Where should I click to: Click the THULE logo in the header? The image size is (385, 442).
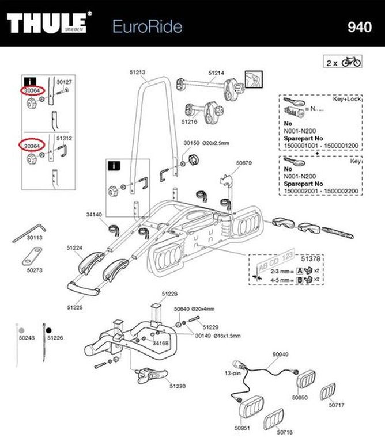49,24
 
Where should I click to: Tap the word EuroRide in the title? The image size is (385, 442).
147,26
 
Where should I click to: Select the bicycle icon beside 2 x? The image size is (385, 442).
351,62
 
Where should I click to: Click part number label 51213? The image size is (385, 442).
137,73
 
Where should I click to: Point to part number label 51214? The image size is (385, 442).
216,73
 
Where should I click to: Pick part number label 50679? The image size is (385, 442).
244,163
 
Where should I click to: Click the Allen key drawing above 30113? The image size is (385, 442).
32,229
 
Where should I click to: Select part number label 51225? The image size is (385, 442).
75,307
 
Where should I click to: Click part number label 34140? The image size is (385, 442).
93,215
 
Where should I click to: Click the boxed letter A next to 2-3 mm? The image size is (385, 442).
300,271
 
